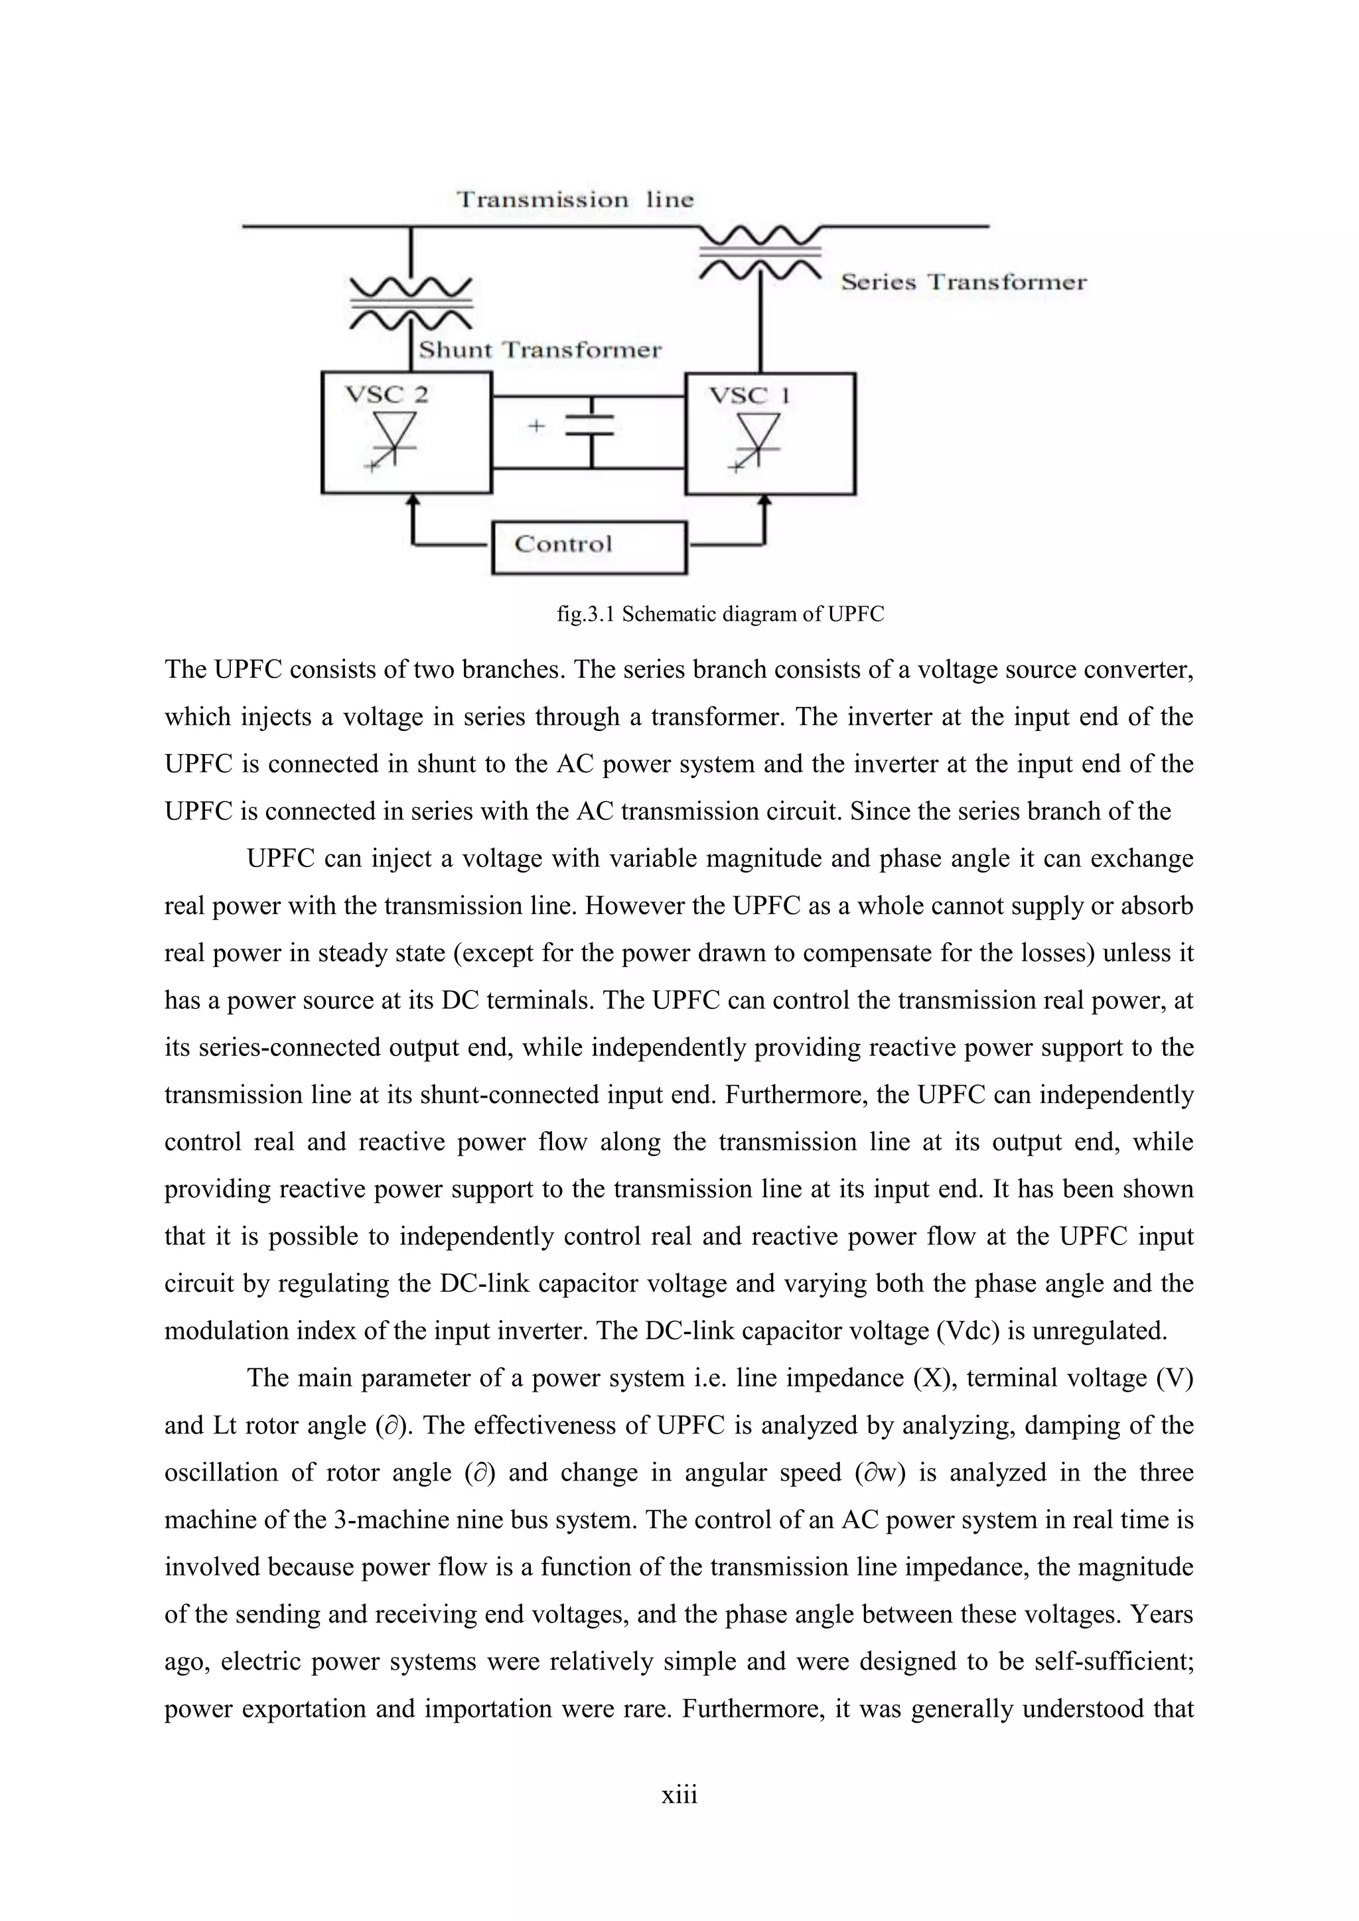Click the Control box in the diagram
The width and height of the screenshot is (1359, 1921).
click(589, 547)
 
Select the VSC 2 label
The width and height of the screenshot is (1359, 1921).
click(387, 395)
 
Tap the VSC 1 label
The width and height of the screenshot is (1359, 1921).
click(750, 395)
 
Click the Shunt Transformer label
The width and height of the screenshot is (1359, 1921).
click(539, 350)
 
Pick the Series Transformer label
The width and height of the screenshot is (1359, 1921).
click(964, 282)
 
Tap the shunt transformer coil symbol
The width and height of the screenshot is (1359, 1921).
click(411, 304)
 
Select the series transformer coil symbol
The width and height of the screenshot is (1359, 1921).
click(760, 250)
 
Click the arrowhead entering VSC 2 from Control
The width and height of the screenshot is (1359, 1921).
click(411, 499)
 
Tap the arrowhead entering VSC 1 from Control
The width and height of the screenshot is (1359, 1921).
click(763, 499)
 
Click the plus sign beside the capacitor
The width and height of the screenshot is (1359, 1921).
click(536, 427)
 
